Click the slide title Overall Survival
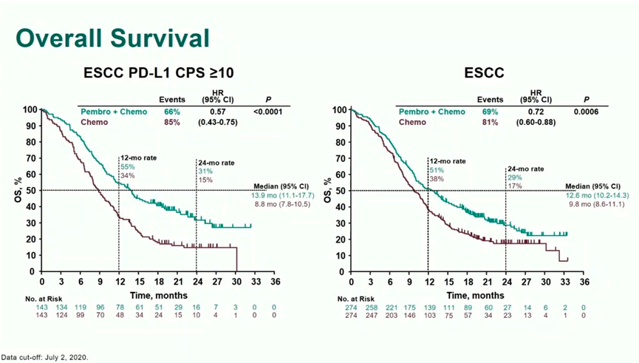[x=112, y=38]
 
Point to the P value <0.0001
[x=269, y=112]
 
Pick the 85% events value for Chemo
[x=171, y=123]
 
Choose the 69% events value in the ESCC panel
[x=491, y=112]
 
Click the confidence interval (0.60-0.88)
[x=536, y=123]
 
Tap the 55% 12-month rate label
[x=128, y=167]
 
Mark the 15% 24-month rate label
[x=205, y=180]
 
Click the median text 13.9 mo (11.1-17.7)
[x=283, y=195]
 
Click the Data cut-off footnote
[x=44, y=357]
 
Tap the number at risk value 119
[x=80, y=307]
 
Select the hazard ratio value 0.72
[x=536, y=112]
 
